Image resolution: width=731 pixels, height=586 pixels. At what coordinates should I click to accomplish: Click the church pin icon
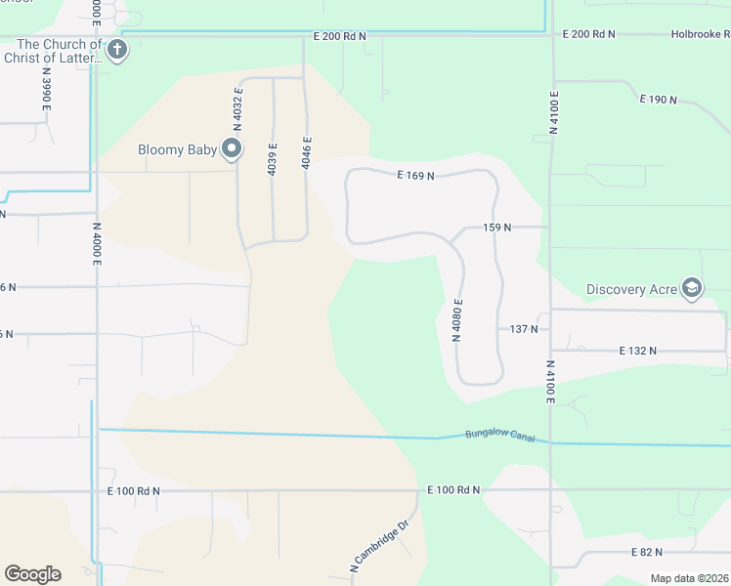(x=117, y=50)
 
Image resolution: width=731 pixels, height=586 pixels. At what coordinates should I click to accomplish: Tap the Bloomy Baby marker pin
(x=232, y=148)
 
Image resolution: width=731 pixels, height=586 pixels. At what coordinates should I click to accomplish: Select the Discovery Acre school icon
(x=691, y=288)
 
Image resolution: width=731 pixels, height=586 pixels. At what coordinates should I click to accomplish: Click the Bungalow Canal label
(x=500, y=435)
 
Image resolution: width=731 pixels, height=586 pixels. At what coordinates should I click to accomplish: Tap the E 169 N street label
(x=415, y=176)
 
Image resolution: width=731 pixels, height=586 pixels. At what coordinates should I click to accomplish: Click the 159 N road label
(x=497, y=228)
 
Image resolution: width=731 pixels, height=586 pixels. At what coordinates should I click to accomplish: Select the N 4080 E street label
(x=456, y=319)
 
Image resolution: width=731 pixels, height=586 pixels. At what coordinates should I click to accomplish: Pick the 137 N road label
(x=524, y=329)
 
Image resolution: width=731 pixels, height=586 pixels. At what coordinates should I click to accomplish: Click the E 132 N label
(x=638, y=350)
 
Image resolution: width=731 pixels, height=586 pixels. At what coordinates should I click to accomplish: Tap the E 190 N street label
(x=659, y=100)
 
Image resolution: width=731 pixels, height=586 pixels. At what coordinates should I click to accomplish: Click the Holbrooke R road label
(x=700, y=34)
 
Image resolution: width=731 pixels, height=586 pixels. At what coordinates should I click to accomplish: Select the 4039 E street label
(x=273, y=159)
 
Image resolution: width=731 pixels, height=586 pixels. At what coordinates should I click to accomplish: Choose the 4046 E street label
(x=306, y=152)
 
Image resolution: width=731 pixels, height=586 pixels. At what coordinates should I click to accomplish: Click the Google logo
(x=32, y=574)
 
